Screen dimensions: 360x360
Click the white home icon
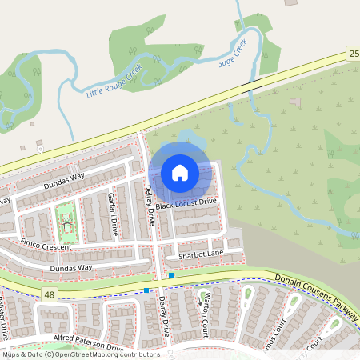180,173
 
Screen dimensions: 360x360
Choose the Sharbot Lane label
201,254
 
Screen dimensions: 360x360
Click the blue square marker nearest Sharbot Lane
171,275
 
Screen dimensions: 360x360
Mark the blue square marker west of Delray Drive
146,290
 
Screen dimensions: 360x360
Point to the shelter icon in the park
67,226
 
